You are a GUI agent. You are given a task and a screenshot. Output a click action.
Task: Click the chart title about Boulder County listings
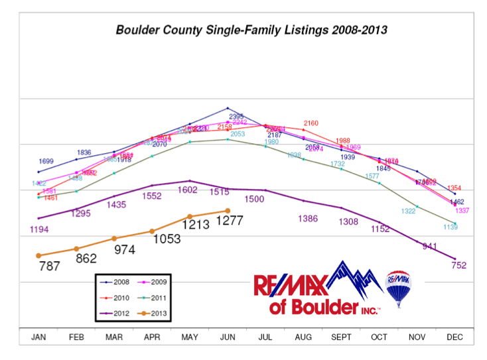tap(251, 30)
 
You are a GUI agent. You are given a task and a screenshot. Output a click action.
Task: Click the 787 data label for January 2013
tap(50, 267)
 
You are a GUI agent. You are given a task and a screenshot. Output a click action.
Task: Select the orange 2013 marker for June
tap(228, 211)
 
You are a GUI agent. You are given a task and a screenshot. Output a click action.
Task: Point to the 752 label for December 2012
tap(458, 265)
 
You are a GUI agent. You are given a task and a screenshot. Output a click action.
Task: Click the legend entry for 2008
tap(115, 282)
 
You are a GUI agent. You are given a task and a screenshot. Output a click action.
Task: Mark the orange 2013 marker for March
tap(114, 238)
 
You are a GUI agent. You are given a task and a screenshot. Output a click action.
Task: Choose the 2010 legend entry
tap(115, 298)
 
